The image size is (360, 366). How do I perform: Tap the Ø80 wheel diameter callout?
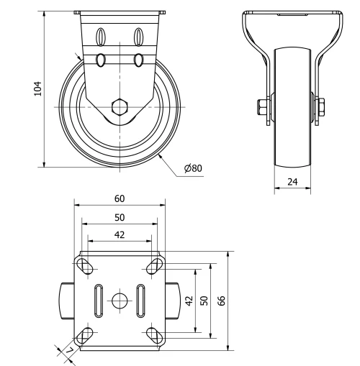point(193,168)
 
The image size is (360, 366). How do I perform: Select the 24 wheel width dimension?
point(293,182)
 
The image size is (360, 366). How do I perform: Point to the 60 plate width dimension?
point(120,198)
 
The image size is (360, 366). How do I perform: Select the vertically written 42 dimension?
point(189,301)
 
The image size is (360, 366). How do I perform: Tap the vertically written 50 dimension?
point(204,301)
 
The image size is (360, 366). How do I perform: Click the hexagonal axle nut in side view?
point(120,108)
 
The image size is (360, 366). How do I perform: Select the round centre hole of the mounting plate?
point(120,300)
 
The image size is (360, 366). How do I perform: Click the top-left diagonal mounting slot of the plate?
point(87,267)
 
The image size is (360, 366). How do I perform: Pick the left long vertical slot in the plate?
point(96,300)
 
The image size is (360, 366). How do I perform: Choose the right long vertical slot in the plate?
point(142,300)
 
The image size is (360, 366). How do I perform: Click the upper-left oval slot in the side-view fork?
point(102,35)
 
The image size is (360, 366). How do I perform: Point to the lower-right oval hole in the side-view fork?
point(138,59)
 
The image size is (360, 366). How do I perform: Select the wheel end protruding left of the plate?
point(66,301)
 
